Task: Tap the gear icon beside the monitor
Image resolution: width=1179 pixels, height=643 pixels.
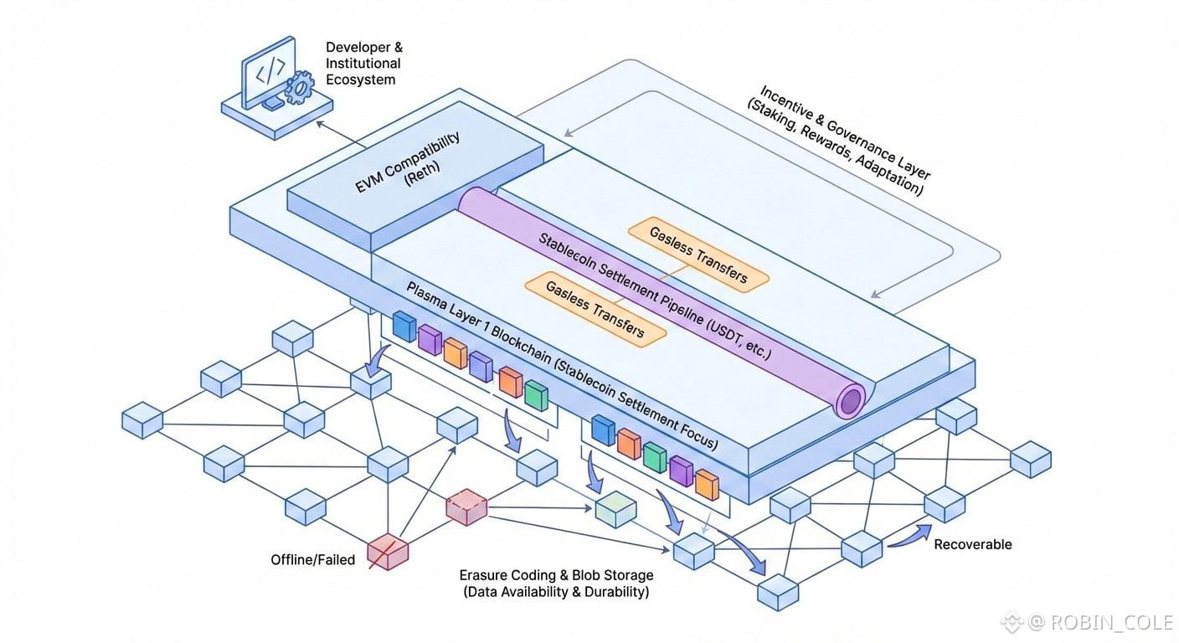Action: tap(297, 88)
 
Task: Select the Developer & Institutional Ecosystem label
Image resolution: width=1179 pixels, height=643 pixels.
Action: tap(363, 63)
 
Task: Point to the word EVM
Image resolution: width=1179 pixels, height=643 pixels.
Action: tap(369, 182)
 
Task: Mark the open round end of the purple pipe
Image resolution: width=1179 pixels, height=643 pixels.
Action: tap(850, 401)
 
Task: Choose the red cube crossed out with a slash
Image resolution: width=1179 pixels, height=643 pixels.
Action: tap(388, 551)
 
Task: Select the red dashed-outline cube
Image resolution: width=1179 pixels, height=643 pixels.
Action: tap(466, 507)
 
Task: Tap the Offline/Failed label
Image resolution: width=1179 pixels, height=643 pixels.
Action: tap(312, 559)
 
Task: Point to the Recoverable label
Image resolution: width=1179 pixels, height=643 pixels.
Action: tap(972, 544)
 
